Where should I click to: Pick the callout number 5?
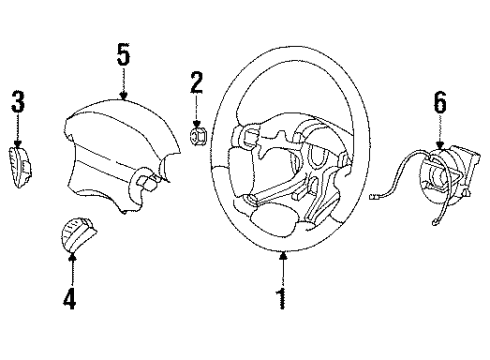[123, 56]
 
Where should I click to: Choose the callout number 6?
[440, 103]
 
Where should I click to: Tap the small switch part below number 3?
[17, 161]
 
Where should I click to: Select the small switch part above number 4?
[73, 235]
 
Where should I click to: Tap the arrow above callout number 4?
[72, 266]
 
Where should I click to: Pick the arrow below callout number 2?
[196, 112]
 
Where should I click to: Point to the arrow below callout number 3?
[17, 128]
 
